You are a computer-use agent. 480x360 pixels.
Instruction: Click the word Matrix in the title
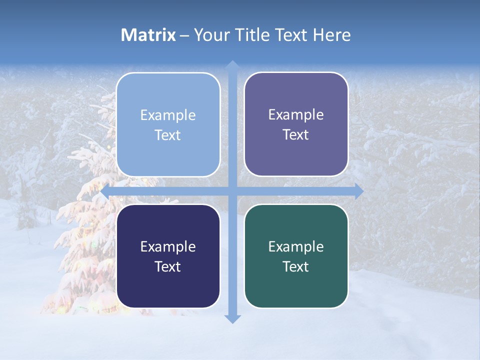tap(148, 35)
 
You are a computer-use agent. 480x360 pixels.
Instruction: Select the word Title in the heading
tap(252, 35)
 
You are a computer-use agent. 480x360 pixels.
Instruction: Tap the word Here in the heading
tap(332, 35)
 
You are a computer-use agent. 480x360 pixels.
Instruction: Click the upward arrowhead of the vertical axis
tap(232, 65)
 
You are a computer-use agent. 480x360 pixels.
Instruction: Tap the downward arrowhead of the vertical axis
tap(232, 318)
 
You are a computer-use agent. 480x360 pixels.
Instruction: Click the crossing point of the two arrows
tap(232, 191)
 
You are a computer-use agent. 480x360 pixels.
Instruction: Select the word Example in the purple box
tap(296, 114)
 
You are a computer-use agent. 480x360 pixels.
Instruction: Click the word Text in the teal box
tap(296, 266)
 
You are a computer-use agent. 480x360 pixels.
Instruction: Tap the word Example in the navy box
tap(168, 246)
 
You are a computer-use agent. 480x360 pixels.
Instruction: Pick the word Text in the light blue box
tap(168, 135)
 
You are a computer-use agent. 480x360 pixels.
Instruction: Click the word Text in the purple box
tap(296, 134)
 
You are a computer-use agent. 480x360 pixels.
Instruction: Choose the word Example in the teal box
tap(296, 246)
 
